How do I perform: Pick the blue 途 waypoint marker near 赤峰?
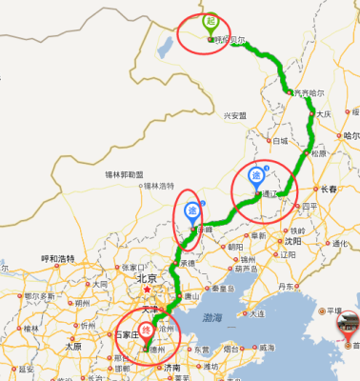pos(190,211)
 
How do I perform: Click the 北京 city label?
pos(146,278)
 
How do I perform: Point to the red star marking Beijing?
pos(148,289)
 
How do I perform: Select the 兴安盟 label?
pos(234,115)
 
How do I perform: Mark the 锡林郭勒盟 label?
pos(125,174)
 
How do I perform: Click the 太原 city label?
pos(72,347)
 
